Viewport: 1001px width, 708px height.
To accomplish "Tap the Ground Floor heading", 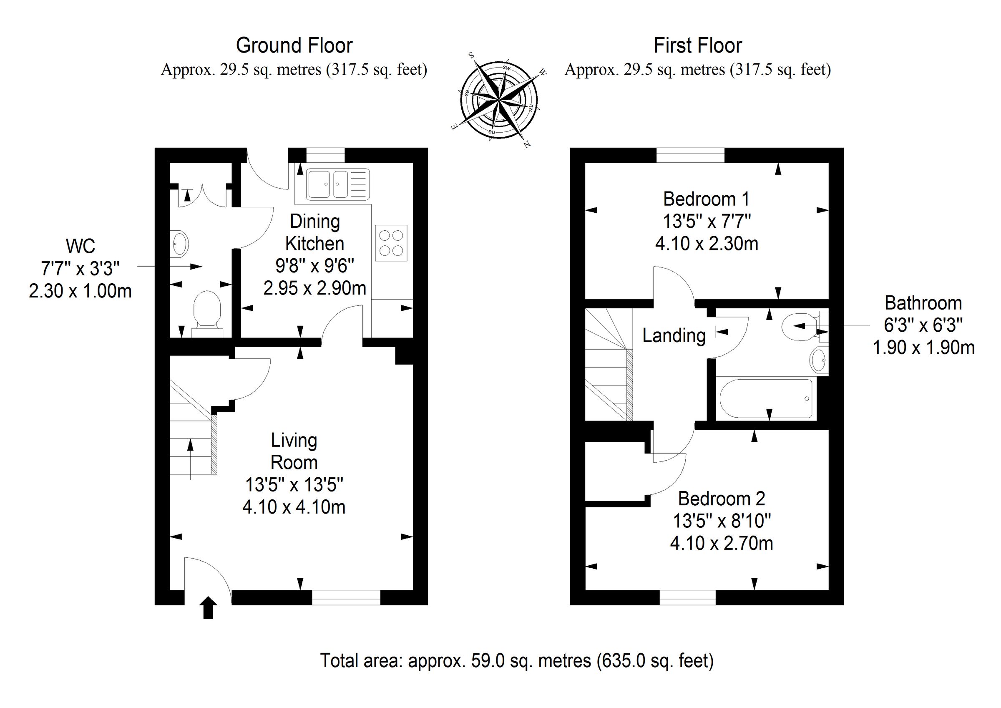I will coord(294,45).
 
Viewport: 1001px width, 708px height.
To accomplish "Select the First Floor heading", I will coord(697,45).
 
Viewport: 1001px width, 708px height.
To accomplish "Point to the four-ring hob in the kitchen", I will coord(391,243).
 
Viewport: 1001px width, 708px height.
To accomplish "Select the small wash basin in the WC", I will coord(180,243).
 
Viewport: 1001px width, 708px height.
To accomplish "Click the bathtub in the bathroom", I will coord(766,399).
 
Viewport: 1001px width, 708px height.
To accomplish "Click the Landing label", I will coord(674,335).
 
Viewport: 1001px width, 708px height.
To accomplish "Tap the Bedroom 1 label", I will coord(706,199).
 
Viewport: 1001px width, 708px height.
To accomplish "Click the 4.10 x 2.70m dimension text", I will coord(721,543).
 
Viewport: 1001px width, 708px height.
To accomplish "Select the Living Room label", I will coord(294,451).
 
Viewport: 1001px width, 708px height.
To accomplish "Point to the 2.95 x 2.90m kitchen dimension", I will coord(314,288).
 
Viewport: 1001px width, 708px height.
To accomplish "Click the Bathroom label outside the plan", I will coord(923,303).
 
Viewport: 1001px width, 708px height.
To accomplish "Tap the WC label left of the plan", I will coord(80,247).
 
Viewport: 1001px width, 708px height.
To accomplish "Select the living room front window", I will coord(346,597).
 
